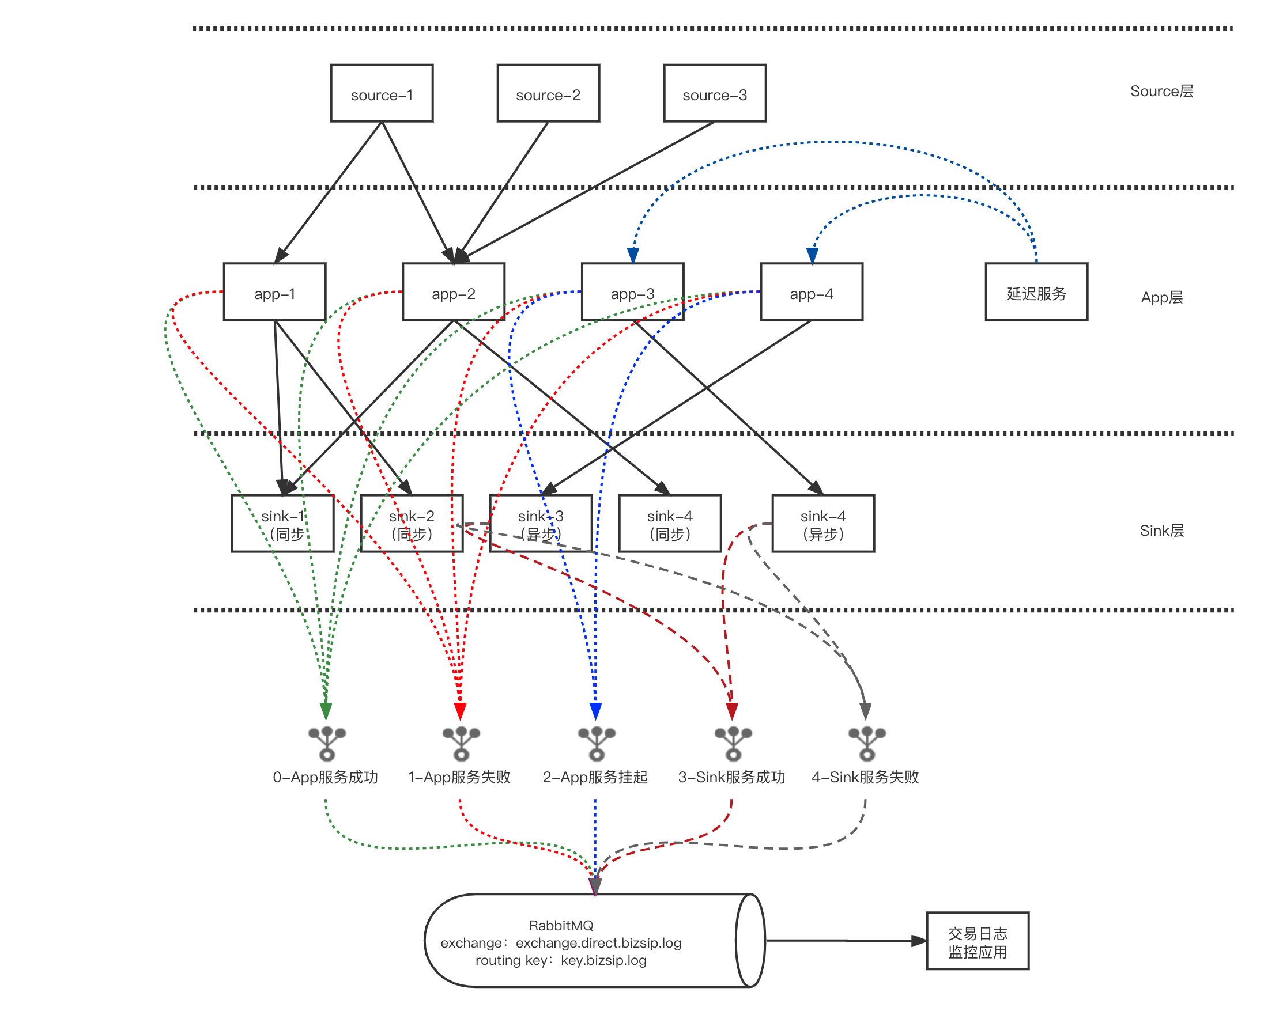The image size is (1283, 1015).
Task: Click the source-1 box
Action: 382,93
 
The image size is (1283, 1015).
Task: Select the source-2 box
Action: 548,93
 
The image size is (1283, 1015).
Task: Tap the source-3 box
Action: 715,93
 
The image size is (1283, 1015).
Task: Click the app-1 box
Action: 274,293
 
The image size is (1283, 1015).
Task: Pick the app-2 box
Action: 454,293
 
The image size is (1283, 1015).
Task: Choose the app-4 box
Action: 812,293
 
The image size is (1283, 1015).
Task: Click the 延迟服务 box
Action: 1036,293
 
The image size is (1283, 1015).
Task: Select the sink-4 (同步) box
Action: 670,524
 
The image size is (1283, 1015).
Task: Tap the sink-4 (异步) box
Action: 823,524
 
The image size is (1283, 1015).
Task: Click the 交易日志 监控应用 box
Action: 978,942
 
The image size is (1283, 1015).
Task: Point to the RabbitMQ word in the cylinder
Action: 561,925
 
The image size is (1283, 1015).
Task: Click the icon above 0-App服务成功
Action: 327,743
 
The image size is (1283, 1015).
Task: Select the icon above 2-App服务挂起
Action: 597,743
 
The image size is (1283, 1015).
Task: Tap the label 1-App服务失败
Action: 459,777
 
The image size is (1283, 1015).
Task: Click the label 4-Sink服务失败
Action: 865,777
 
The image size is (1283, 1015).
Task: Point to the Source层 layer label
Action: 1161,91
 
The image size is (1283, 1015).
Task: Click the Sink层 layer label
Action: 1161,531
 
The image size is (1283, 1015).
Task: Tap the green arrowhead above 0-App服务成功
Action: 326,711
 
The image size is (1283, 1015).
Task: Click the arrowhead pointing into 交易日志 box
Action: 919,941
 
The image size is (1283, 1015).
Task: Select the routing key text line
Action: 561,960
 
